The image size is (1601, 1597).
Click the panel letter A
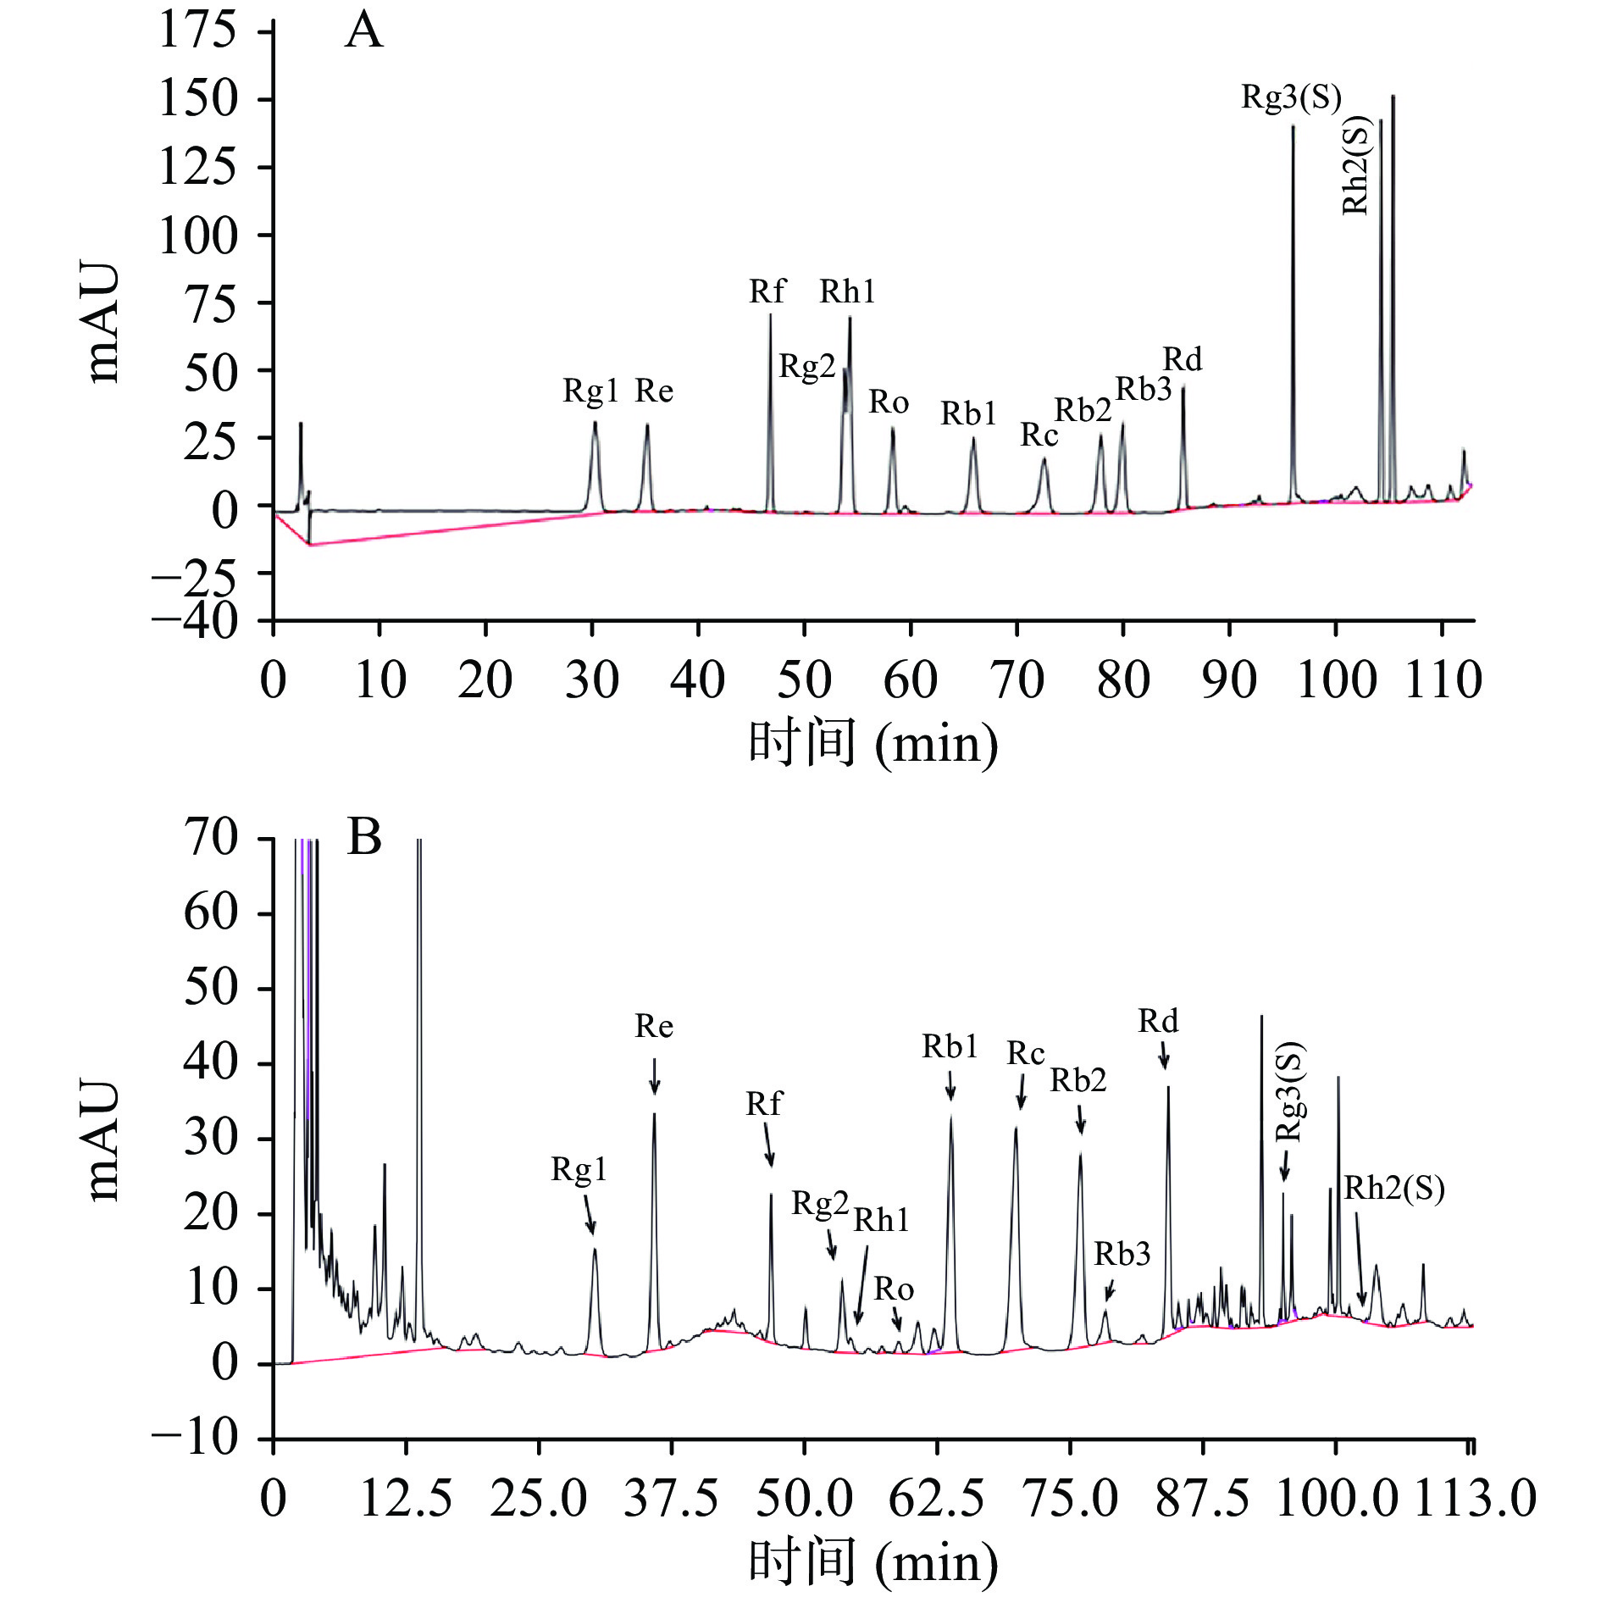[x=364, y=31]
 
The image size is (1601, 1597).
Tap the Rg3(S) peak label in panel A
[x=1291, y=97]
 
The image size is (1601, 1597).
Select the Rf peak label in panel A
[x=767, y=291]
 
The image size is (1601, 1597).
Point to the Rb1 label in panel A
[x=968, y=413]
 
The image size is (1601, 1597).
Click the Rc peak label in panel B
[x=1025, y=1053]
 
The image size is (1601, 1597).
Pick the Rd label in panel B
[x=1157, y=1021]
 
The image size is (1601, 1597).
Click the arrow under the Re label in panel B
[x=654, y=1076]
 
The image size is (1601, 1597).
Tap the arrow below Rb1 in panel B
[x=950, y=1085]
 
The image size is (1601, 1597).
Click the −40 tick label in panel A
[x=195, y=621]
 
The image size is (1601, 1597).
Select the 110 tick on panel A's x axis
[x=1443, y=679]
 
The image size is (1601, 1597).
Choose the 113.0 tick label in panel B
[x=1475, y=1498]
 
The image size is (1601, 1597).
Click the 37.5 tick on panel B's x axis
[x=671, y=1498]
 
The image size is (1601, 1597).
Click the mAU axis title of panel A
[x=103, y=322]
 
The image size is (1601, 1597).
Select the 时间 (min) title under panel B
[x=873, y=1561]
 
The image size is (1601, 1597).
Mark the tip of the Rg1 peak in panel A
[x=595, y=423]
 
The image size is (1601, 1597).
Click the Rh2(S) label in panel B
[x=1393, y=1188]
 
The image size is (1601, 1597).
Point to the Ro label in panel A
[x=889, y=402]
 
